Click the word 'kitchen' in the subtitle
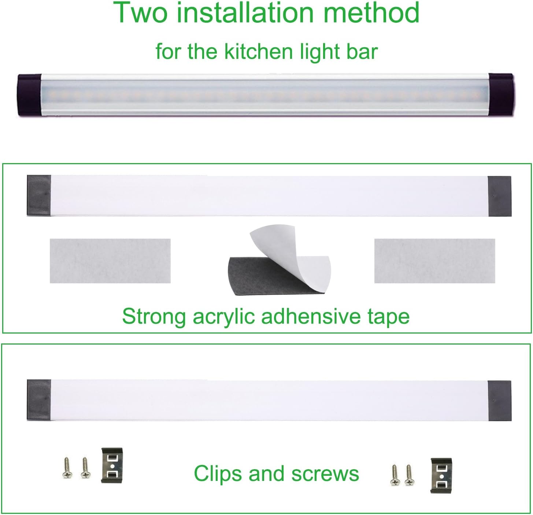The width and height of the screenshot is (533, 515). click(x=258, y=51)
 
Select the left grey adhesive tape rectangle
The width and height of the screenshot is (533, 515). click(x=110, y=261)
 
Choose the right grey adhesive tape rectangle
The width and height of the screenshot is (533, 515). click(x=435, y=261)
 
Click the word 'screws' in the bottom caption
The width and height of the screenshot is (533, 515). click(x=325, y=475)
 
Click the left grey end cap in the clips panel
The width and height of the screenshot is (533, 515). click(x=39, y=400)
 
